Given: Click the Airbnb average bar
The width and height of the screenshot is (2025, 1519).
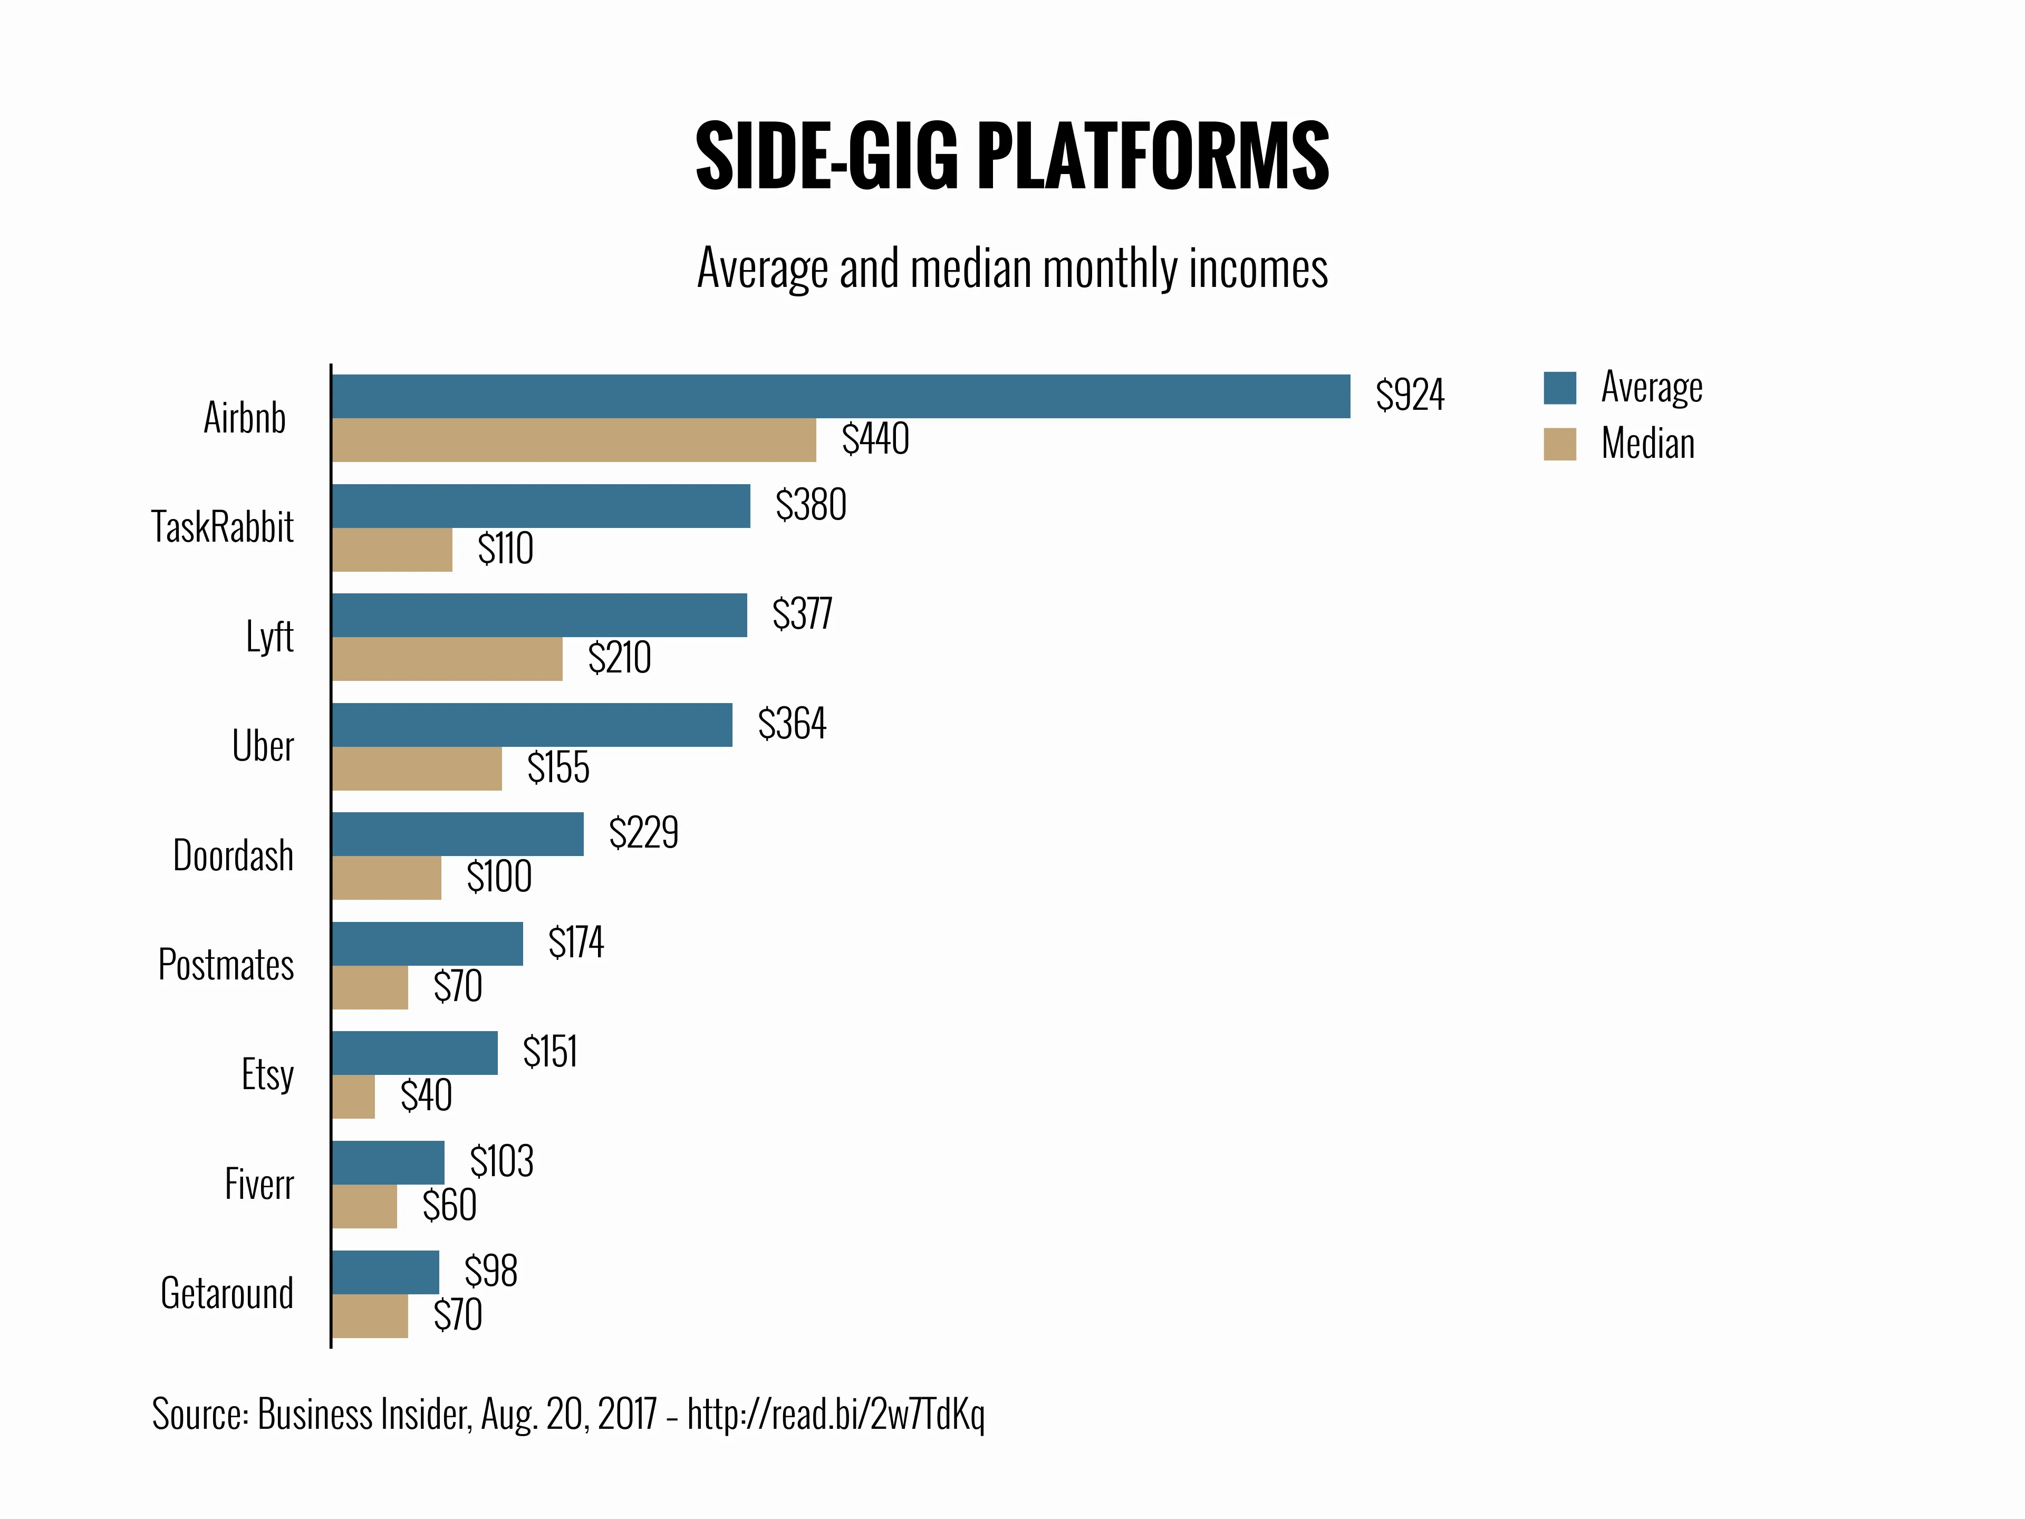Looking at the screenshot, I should pos(841,397).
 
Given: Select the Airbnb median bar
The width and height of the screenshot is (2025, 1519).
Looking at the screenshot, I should pos(574,440).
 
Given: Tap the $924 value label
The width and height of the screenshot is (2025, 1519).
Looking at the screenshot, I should pos(1410,395).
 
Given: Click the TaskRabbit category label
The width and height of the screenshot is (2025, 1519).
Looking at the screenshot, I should pos(223,527).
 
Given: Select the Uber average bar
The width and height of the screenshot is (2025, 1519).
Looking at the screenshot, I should pos(532,725).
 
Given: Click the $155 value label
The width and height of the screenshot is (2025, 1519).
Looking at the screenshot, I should pos(558,767).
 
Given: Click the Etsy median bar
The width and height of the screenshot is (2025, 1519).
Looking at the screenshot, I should pos(353,1097).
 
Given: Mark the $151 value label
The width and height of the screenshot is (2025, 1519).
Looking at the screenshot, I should pos(550,1052).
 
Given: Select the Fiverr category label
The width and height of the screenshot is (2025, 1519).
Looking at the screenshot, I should pos(259,1185).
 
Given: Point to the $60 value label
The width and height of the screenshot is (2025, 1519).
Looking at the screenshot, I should pos(449,1206).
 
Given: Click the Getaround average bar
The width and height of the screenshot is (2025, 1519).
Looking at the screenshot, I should pos(385,1272).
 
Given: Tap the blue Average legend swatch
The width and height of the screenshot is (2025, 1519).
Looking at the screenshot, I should pos(1560,388).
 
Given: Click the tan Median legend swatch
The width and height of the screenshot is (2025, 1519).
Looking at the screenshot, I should pos(1560,444).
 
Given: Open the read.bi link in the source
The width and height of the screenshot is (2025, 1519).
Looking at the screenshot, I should pos(836,1415).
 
